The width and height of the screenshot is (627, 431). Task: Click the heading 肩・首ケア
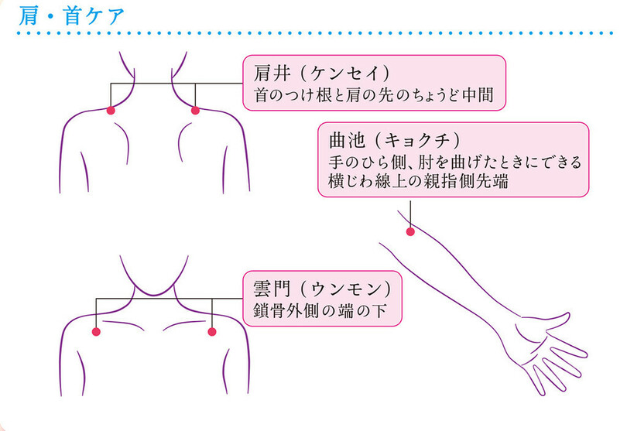[69, 15]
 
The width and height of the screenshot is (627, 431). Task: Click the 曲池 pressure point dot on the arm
[411, 231]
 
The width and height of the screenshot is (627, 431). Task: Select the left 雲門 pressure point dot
[97, 332]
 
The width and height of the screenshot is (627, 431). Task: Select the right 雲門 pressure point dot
[211, 332]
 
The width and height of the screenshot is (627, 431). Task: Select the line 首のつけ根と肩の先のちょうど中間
[374, 96]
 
